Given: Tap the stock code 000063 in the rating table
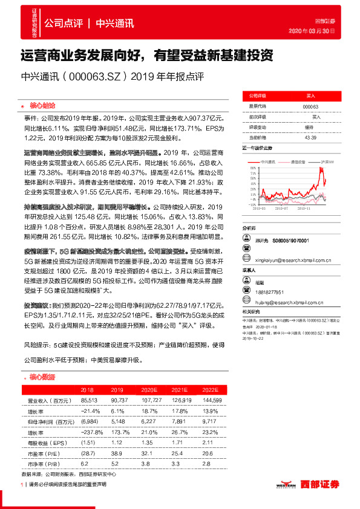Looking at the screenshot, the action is click(x=310, y=106).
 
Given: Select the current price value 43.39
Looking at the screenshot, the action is click(x=310, y=138).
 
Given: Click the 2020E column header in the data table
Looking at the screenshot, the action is click(x=148, y=390).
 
